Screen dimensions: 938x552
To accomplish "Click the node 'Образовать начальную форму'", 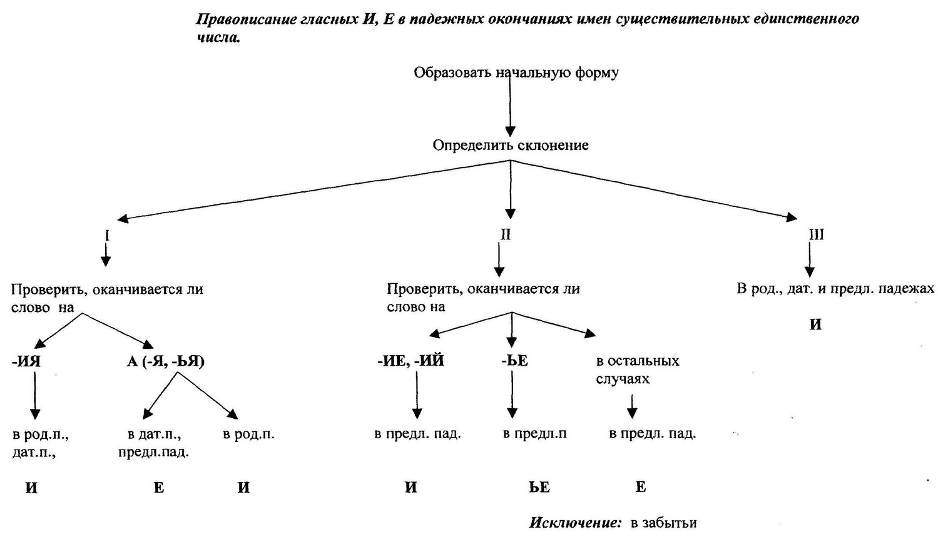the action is coord(516,73).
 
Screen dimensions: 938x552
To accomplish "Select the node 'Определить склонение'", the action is coord(511,145).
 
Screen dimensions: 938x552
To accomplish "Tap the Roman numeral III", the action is coord(816,234).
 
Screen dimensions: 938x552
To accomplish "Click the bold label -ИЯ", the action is coord(26,361).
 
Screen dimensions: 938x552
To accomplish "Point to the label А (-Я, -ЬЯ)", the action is coord(166,361).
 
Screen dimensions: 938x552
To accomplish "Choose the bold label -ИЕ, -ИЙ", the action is coord(410,360).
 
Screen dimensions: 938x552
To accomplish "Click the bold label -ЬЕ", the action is coord(514,360).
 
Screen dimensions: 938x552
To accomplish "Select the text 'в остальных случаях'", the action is coord(638,369).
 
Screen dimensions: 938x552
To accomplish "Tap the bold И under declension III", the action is coord(816,324).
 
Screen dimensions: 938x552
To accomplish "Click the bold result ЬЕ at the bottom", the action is coord(539,487).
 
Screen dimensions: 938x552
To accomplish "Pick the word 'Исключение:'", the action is coord(575,523).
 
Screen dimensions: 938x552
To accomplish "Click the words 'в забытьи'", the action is coord(664,523).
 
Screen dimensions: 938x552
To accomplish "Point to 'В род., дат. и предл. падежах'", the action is coord(835,289).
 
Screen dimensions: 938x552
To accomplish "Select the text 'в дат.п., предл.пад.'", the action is coord(154,443).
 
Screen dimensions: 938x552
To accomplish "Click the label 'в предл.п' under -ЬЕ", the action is coord(535,434).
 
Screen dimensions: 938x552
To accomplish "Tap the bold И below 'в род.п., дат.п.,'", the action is coord(32,488).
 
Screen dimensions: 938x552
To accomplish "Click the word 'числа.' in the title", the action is coord(218,38).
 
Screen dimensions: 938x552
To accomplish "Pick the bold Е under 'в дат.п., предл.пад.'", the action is coord(159,488).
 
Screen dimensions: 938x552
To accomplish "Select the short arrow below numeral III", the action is coord(810,259).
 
